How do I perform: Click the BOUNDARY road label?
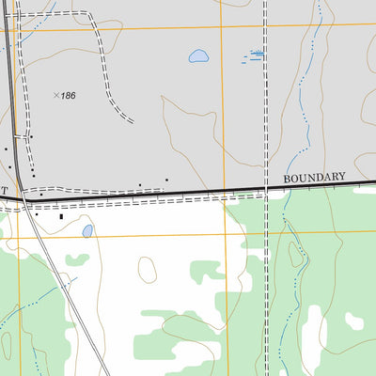tap(314, 177)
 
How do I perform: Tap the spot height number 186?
tap(68, 96)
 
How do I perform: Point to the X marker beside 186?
tap(56, 95)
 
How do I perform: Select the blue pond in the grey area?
tap(198, 56)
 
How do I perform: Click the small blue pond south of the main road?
tap(87, 230)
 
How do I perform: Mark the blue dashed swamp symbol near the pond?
tap(254, 55)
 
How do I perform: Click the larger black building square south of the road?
tap(62, 217)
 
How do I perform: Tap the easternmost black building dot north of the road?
tap(166, 180)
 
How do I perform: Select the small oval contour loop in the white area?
tap(147, 269)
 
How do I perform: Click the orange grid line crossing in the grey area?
tap(223, 25)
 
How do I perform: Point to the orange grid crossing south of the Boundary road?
tap(226, 236)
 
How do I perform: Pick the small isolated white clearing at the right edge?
tap(353, 321)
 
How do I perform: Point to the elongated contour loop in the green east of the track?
tap(297, 254)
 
